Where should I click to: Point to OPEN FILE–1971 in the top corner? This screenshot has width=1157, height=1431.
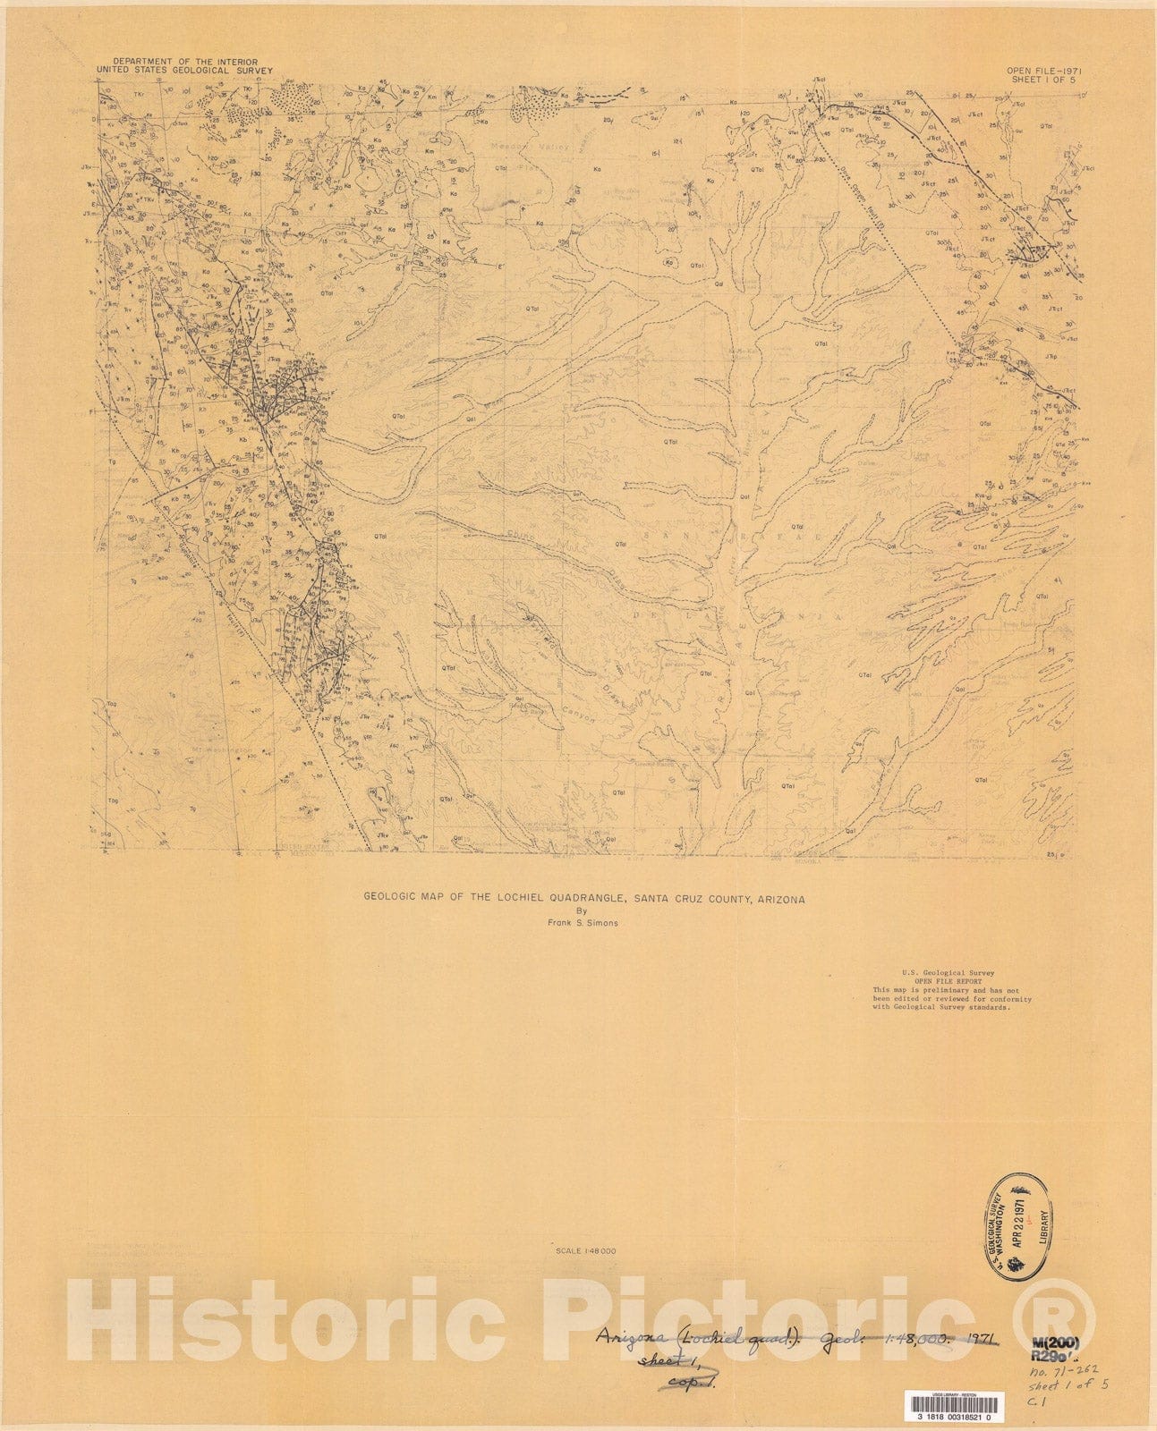(1042, 70)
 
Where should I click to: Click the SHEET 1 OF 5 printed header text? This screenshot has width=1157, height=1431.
(1043, 79)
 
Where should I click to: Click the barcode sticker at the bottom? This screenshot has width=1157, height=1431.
(954, 1407)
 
